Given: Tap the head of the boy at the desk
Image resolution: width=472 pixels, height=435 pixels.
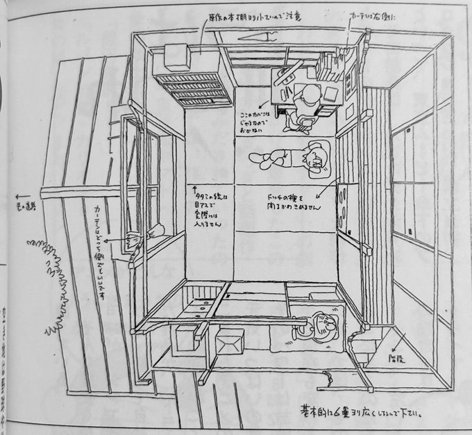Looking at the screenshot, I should (309, 96).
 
